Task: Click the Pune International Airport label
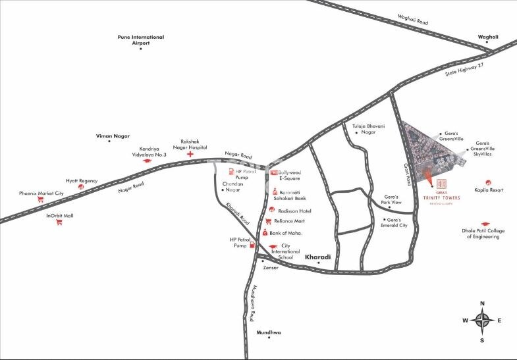point(141,39)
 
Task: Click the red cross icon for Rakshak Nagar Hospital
point(190,155)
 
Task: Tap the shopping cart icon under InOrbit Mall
point(59,222)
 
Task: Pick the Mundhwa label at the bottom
point(269,332)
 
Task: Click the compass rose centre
point(483,321)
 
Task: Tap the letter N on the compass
point(483,303)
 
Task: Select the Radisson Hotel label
point(294,211)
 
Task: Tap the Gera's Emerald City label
point(394,222)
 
